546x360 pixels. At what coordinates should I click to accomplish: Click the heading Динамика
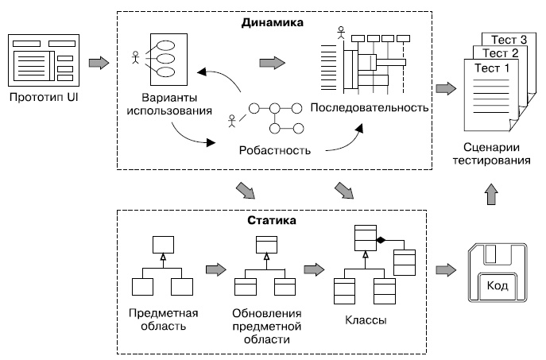(272, 23)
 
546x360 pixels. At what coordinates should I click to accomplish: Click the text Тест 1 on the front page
(492, 68)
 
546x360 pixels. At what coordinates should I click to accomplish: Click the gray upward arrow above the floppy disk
(492, 193)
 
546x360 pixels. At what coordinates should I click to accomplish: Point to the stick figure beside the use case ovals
(136, 58)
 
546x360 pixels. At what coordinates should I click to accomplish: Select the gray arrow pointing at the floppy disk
(447, 271)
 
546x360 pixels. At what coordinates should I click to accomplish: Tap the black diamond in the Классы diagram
(381, 239)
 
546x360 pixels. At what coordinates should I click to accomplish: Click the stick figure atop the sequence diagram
(341, 33)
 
